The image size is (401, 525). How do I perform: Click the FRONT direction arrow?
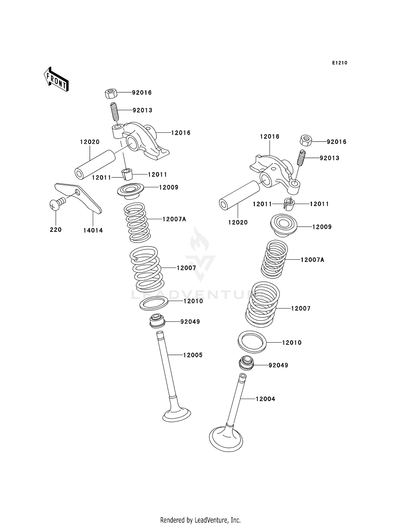point(56,80)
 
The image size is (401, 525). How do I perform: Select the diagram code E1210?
point(340,63)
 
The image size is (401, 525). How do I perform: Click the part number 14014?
point(93,230)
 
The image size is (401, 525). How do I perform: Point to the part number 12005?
point(193,355)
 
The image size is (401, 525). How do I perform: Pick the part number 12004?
point(265,399)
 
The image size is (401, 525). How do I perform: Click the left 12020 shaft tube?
point(95,165)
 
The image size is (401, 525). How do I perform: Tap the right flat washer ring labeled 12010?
point(252,342)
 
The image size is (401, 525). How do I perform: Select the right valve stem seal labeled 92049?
point(246,363)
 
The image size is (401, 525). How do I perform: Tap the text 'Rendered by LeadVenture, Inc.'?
point(200,520)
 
